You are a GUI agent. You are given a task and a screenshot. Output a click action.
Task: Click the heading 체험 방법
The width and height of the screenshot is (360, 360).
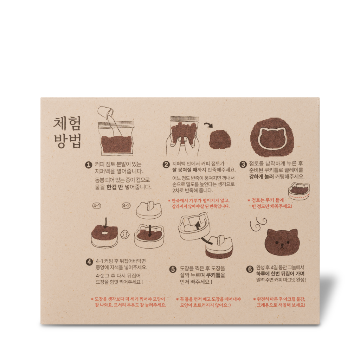coord(67,132)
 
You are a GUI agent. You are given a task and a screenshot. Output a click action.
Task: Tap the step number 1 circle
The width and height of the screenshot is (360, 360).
coord(89,165)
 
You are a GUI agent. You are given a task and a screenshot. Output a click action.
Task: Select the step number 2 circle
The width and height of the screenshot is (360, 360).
coord(166,165)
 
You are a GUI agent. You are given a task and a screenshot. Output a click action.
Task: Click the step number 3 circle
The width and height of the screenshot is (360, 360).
coord(243,164)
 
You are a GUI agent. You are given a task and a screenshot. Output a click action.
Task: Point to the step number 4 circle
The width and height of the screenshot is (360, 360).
coord(89,262)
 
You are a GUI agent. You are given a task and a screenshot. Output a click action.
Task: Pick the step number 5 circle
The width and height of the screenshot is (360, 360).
coord(173,269)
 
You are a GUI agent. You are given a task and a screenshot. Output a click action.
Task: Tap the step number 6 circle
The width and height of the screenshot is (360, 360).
coord(250,269)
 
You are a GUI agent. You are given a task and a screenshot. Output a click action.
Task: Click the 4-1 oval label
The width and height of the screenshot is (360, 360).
coord(97,206)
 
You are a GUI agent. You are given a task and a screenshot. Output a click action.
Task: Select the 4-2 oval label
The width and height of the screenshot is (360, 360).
coord(126,206)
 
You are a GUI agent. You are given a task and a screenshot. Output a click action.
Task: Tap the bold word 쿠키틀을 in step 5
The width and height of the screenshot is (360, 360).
coord(216,275)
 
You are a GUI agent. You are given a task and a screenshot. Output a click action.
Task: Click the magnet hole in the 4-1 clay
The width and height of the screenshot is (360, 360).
coord(105,233)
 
